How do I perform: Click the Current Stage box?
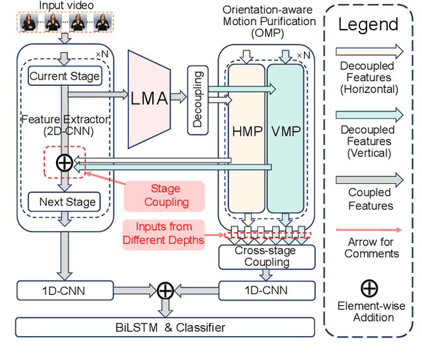tap(65, 76)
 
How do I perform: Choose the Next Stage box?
tap(65, 202)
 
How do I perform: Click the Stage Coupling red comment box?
tap(164, 196)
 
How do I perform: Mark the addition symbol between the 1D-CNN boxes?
tap(165, 289)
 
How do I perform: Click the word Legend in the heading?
tap(369, 25)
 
